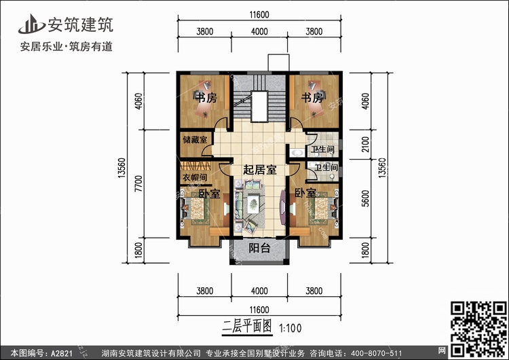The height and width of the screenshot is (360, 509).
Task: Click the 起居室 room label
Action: (x=260, y=170)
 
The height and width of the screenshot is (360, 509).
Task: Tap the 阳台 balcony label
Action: (x=259, y=248)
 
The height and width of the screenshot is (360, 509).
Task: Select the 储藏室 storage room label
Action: (x=195, y=140)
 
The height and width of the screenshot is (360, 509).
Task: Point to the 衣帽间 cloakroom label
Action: (x=195, y=177)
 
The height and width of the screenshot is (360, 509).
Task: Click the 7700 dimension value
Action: (x=138, y=183)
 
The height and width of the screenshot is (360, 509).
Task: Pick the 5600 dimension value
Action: (x=365, y=198)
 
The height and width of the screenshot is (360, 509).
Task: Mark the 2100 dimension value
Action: (x=365, y=144)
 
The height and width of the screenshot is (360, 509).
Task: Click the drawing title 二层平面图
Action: (x=247, y=327)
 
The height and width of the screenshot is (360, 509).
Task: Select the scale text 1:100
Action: (x=290, y=328)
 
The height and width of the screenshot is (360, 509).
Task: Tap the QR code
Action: (x=479, y=329)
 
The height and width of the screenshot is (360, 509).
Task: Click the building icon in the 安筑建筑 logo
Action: (x=32, y=24)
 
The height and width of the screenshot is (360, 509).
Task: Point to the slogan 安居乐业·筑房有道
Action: (x=67, y=47)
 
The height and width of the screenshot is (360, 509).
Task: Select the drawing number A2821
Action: (x=61, y=353)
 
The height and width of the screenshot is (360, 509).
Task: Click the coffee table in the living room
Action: (x=253, y=204)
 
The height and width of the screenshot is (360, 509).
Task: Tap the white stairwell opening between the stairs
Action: (x=259, y=106)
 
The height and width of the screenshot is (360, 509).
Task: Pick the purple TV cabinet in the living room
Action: (x=283, y=207)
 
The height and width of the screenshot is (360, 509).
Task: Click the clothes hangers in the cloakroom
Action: (x=195, y=166)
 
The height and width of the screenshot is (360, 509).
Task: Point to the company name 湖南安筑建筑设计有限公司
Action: (x=151, y=353)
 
